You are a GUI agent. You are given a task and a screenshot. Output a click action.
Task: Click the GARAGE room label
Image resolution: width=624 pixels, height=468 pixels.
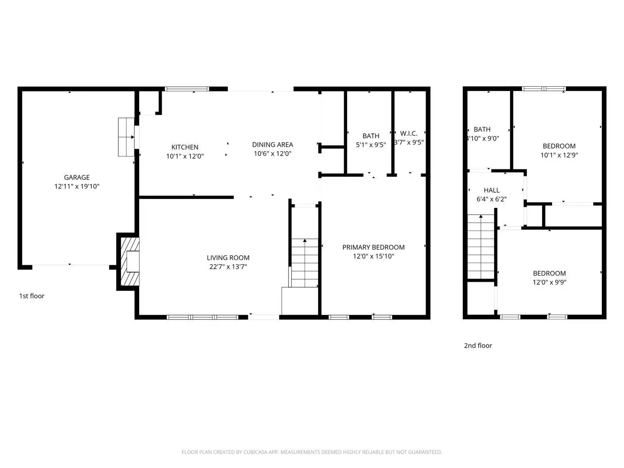(77, 177)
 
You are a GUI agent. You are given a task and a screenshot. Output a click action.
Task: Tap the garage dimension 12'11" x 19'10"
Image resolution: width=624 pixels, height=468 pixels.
(77, 186)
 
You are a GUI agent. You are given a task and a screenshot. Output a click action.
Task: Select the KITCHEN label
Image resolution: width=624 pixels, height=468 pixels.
(185, 147)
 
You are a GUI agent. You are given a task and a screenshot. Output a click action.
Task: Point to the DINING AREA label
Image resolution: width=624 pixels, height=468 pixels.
(273, 145)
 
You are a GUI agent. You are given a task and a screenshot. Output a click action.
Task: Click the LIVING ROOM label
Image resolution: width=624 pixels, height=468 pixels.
(228, 258)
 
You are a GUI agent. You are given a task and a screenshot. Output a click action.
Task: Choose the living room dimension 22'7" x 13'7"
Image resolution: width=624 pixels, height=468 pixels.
(228, 267)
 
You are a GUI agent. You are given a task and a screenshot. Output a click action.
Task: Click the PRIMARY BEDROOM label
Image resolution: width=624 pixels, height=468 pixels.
(374, 247)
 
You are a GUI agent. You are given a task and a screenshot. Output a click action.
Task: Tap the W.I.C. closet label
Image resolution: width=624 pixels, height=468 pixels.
(409, 133)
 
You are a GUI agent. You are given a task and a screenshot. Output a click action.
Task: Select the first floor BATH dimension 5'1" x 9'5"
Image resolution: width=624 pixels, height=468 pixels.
(371, 145)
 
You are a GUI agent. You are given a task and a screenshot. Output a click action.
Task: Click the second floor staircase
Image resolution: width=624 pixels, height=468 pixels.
(481, 247)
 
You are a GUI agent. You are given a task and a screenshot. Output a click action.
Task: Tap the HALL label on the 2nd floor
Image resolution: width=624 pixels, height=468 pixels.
(492, 190)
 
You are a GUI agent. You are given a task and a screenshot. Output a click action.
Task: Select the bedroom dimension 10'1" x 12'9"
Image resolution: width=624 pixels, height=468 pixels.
(559, 155)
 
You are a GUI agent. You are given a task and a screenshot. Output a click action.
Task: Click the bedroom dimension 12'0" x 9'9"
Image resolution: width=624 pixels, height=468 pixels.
(549, 283)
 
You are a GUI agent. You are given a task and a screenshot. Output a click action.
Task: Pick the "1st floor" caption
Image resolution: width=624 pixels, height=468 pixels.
(32, 296)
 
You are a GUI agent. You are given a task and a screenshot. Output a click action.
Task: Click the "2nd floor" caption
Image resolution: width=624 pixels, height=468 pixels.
(478, 345)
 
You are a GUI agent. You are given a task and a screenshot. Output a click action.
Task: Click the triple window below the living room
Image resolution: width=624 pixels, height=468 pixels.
(202, 317)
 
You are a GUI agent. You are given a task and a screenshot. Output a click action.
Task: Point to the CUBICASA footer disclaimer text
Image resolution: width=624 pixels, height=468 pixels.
(312, 452)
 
